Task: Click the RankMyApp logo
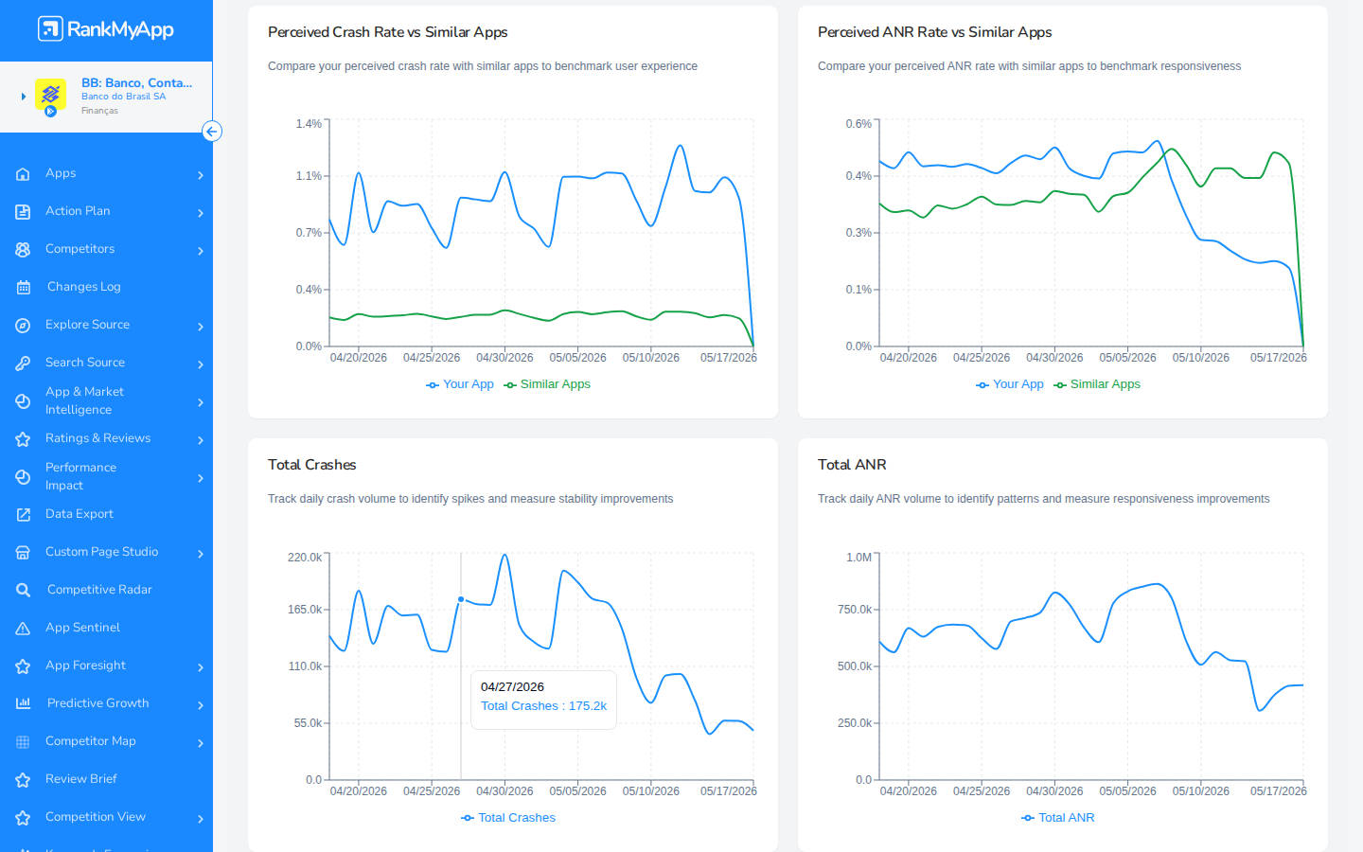click(106, 29)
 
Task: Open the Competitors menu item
click(80, 248)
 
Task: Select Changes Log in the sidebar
click(84, 287)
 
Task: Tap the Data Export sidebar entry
click(80, 514)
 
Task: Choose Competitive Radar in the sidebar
click(99, 589)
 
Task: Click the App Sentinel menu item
click(82, 628)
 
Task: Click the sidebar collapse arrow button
click(212, 132)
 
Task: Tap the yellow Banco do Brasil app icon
click(50, 96)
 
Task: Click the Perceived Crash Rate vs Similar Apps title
click(388, 32)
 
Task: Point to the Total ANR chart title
click(852, 465)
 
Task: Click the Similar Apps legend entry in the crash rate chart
click(547, 384)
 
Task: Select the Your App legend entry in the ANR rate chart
click(1009, 384)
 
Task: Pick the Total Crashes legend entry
click(508, 818)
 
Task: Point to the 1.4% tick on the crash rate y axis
click(309, 123)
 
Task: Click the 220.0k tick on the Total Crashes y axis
click(305, 558)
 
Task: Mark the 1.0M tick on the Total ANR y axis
click(859, 558)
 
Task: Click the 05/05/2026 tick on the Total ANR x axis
click(1127, 791)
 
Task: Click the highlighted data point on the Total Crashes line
click(461, 600)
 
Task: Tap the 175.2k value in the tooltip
click(588, 706)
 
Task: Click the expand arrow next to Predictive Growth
click(201, 705)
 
